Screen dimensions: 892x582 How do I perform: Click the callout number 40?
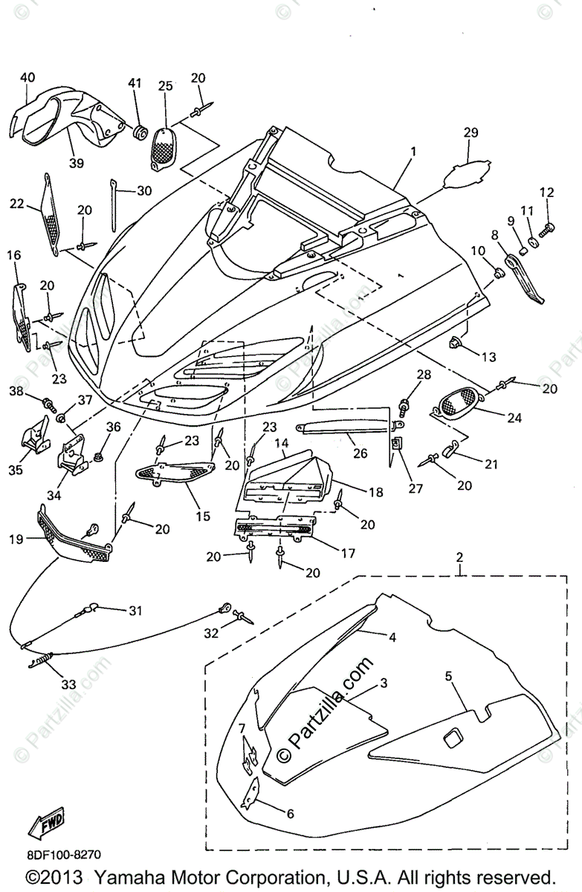(x=28, y=77)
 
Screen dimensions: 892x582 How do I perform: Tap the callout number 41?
(x=135, y=83)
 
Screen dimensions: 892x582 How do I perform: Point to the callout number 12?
(x=546, y=193)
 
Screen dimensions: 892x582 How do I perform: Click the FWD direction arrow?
(x=46, y=821)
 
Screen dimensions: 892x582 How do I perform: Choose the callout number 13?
(x=488, y=358)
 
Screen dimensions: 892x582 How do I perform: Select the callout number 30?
(x=143, y=190)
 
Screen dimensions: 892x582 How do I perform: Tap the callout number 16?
(x=14, y=256)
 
